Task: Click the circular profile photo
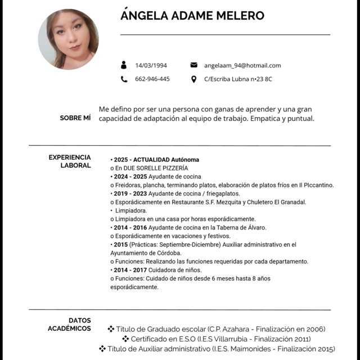pos(68,39)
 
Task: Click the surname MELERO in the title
pos(237,16)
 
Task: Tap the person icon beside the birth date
pos(124,65)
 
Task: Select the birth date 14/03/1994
pos(151,65)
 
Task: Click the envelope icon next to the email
pos(194,65)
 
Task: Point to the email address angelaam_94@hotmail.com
pos(242,65)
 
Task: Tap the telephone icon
pos(124,79)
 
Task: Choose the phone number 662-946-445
pos(152,79)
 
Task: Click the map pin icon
pos(194,79)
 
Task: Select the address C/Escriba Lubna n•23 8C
pos(238,79)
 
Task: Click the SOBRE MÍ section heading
pos(75,118)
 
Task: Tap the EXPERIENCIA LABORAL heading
pos(70,161)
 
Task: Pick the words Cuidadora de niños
pos(168,269)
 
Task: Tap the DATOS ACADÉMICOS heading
pos(69,324)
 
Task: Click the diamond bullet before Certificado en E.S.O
pos(125,339)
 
